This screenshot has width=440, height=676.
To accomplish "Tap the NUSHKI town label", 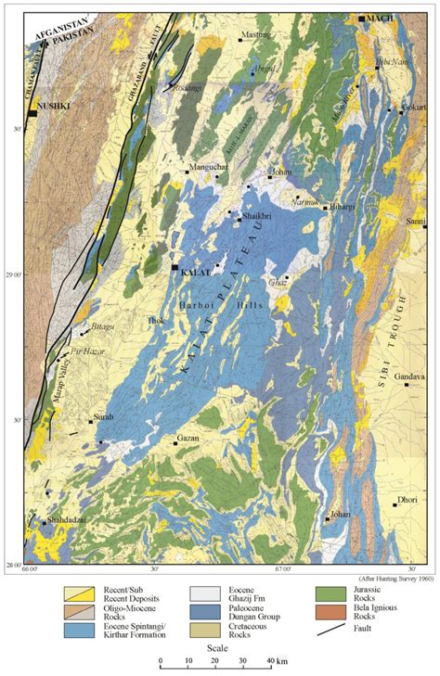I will tap(52, 106).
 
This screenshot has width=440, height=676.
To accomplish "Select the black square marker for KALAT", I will tap(175, 268).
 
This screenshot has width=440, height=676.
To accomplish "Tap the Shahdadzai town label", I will tap(67, 521).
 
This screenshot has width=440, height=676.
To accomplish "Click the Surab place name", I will tap(102, 418).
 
